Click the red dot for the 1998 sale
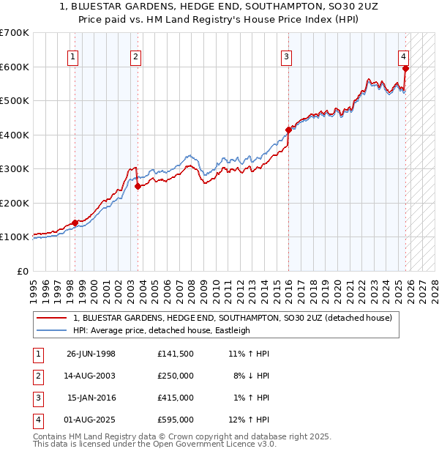pos(75,223)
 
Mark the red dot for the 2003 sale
pos(137,186)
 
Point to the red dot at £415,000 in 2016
pos(288,130)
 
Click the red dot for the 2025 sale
pos(405,69)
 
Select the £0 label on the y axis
pos(23,271)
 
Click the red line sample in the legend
pos(52,318)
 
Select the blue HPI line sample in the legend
pos(52,330)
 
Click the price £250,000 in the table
pos(175,376)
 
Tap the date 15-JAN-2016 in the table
pos(91,398)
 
